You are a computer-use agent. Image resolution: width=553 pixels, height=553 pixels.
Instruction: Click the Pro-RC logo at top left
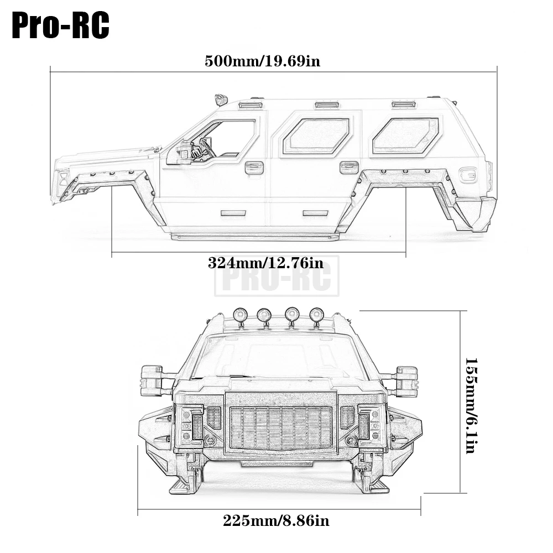(60, 25)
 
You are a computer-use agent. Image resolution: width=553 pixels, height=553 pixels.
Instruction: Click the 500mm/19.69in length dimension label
(262, 61)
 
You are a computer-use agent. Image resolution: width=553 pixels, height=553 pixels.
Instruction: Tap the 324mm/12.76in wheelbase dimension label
(265, 263)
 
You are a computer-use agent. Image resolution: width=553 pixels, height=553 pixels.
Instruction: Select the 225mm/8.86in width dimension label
(276, 520)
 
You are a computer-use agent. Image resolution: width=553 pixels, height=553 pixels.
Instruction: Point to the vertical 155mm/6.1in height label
(471, 405)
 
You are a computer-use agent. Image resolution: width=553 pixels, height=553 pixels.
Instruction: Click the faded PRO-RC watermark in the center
(277, 276)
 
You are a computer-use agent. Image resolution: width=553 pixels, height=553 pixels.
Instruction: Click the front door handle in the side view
(254, 168)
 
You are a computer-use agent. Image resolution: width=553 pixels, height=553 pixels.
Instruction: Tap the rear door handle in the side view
(349, 168)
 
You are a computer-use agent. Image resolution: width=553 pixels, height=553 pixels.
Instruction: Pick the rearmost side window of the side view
(405, 136)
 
